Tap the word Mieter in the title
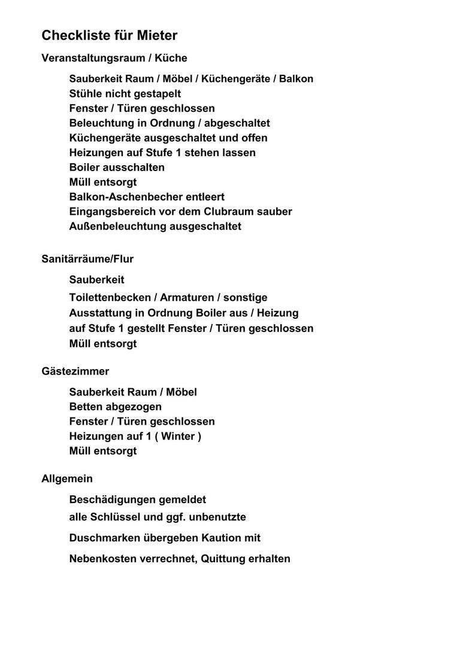(x=158, y=36)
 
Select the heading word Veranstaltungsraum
(x=93, y=58)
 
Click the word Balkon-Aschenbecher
(x=121, y=197)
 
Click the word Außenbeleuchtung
(x=118, y=226)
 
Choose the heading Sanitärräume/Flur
(x=87, y=259)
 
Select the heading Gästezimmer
(x=75, y=371)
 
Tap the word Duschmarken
(x=104, y=538)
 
